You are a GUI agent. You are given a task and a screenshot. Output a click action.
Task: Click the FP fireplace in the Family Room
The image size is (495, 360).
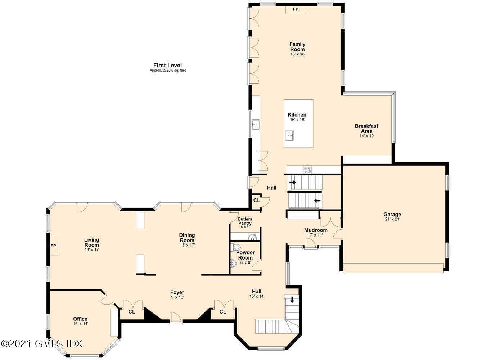coord(296,9)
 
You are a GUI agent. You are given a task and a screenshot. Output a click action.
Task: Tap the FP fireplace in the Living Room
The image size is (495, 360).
coord(54,245)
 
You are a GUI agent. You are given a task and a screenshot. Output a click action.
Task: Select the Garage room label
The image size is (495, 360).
coord(392,214)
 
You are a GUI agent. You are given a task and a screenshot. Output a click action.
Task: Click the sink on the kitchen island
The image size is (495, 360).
coord(289,135)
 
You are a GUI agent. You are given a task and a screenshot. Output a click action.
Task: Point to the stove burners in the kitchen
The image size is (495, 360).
coord(307,170)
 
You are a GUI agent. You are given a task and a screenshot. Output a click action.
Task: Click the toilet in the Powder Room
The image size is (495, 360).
coord(235,248)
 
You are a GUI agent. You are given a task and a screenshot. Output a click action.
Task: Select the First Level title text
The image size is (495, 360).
coord(167,65)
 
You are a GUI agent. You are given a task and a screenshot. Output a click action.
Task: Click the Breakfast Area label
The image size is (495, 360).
coord(366,129)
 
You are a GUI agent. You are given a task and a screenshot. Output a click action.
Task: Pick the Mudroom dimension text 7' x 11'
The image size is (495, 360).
coord(316,235)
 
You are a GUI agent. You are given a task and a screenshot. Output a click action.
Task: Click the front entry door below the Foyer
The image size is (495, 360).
coord(176,318)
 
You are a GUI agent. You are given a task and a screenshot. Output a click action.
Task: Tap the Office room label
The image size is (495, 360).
coord(80,319)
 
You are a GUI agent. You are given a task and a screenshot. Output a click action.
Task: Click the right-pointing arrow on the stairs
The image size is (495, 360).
coord(293,183)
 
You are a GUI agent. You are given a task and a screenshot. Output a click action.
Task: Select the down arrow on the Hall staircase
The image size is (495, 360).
coord(292,300)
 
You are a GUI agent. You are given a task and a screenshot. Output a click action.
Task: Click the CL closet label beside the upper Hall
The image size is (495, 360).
coord(257,200)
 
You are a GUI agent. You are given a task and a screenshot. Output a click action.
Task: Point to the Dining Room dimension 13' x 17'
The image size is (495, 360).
coord(188,245)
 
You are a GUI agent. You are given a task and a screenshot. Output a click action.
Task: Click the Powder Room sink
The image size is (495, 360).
coord(233,263)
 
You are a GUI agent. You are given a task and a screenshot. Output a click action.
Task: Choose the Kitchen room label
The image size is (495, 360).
coord(297,115)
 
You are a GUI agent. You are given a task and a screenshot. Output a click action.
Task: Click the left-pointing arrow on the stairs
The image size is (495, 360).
coord(317,201)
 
